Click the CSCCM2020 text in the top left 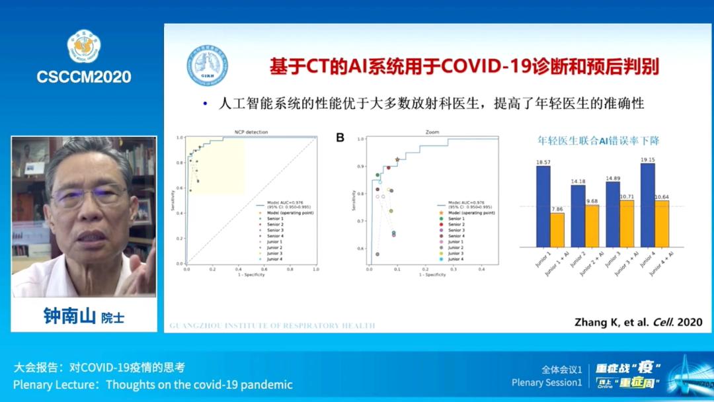pos(84,77)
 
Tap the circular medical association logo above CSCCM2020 pos(84,46)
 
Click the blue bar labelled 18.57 pos(543,205)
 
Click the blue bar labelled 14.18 pos(578,216)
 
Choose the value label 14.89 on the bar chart pos(613,177)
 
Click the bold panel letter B pos(340,138)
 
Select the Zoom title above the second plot pos(432,132)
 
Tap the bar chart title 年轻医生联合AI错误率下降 pos(598,141)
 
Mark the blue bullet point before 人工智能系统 pos(205,104)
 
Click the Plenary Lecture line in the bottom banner pos(153,384)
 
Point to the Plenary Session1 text pos(547,382)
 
